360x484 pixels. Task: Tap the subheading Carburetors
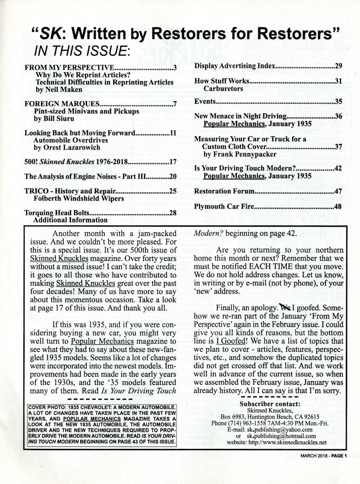(x=223, y=88)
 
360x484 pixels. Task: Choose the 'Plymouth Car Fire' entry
(x=224, y=207)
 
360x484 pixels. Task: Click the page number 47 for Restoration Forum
(x=338, y=191)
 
